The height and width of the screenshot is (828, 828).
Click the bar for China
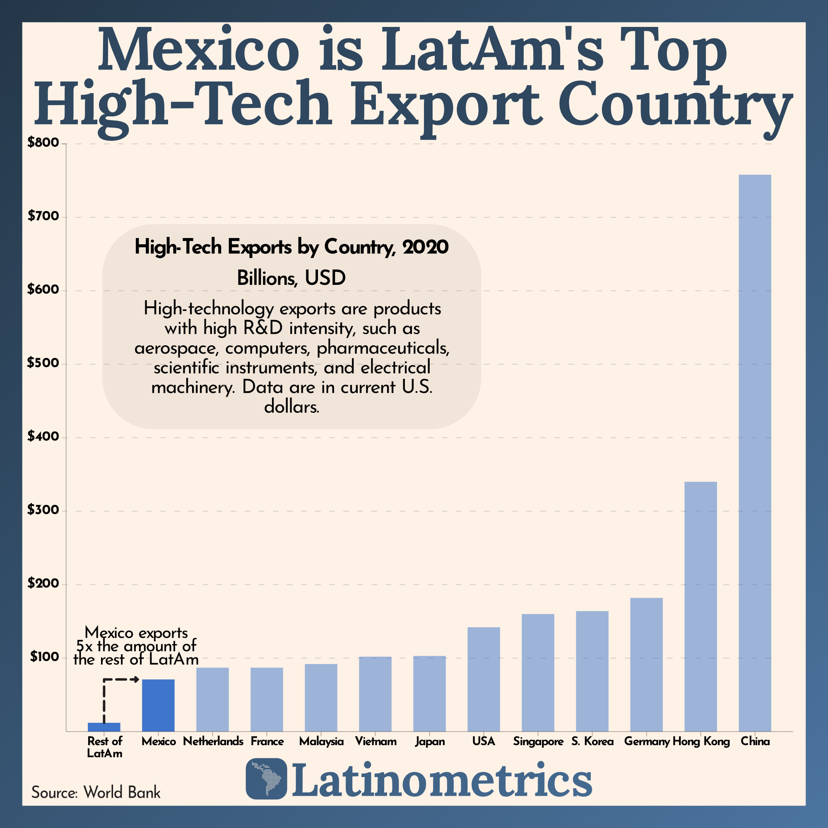pos(755,454)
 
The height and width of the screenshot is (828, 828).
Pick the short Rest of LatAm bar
pos(104,727)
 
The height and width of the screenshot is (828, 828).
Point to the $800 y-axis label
pos(43,143)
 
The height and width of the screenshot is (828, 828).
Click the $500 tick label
pos(43,363)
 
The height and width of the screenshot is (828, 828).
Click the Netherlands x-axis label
pos(213,741)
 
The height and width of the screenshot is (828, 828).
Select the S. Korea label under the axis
pos(592,741)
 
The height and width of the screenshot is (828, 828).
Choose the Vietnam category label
pos(375,741)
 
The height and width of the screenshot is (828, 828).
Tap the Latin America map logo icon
pos(266,779)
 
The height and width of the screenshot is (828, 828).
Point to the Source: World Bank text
pos(96,792)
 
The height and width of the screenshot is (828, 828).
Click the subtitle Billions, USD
pos(291,279)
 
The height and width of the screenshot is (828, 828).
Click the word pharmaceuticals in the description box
pos(383,348)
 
